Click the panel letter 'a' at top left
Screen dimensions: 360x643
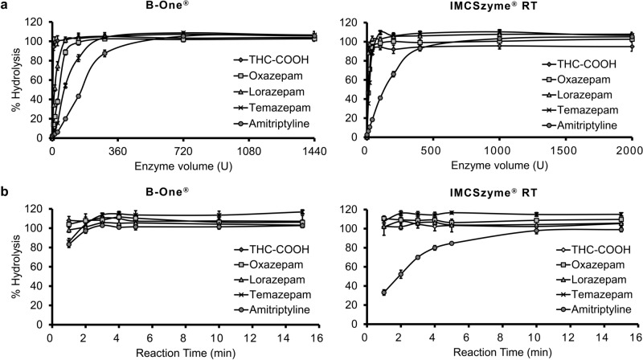coord(6,6)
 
